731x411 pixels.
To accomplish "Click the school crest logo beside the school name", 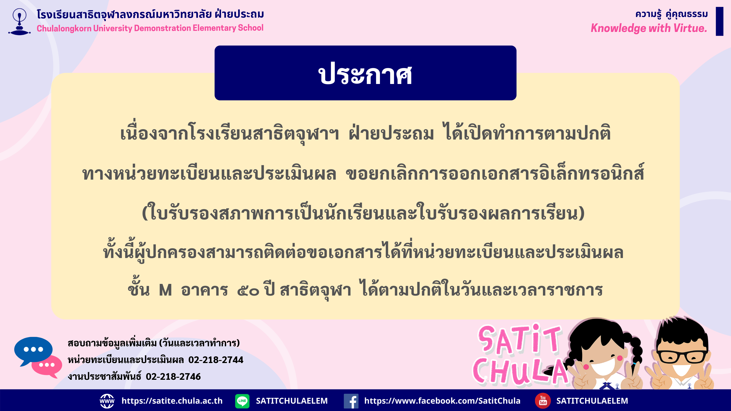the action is pos(19,22).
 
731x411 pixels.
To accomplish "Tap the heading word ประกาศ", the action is pos(365,74).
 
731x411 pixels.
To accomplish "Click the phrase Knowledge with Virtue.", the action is pos(649,28).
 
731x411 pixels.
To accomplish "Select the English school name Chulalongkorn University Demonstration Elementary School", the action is pos(150,28).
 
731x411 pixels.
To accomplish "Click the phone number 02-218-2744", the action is pos(216,360).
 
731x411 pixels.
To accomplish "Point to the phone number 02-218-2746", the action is pos(173,376).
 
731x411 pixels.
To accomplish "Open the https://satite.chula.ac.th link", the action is pos(172,401).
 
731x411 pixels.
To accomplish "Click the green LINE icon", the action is pos(242,401).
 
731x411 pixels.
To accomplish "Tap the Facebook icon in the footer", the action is pos(351,401).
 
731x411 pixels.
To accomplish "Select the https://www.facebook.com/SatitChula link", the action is pos(442,401).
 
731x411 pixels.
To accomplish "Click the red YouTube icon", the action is pos(543,401).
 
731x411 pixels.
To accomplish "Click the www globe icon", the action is pos(107,401).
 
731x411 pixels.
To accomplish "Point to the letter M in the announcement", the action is pos(165,290).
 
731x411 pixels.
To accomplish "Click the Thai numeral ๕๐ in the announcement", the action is pos(248,291).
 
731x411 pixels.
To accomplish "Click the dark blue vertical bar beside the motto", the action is pos(719,21).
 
